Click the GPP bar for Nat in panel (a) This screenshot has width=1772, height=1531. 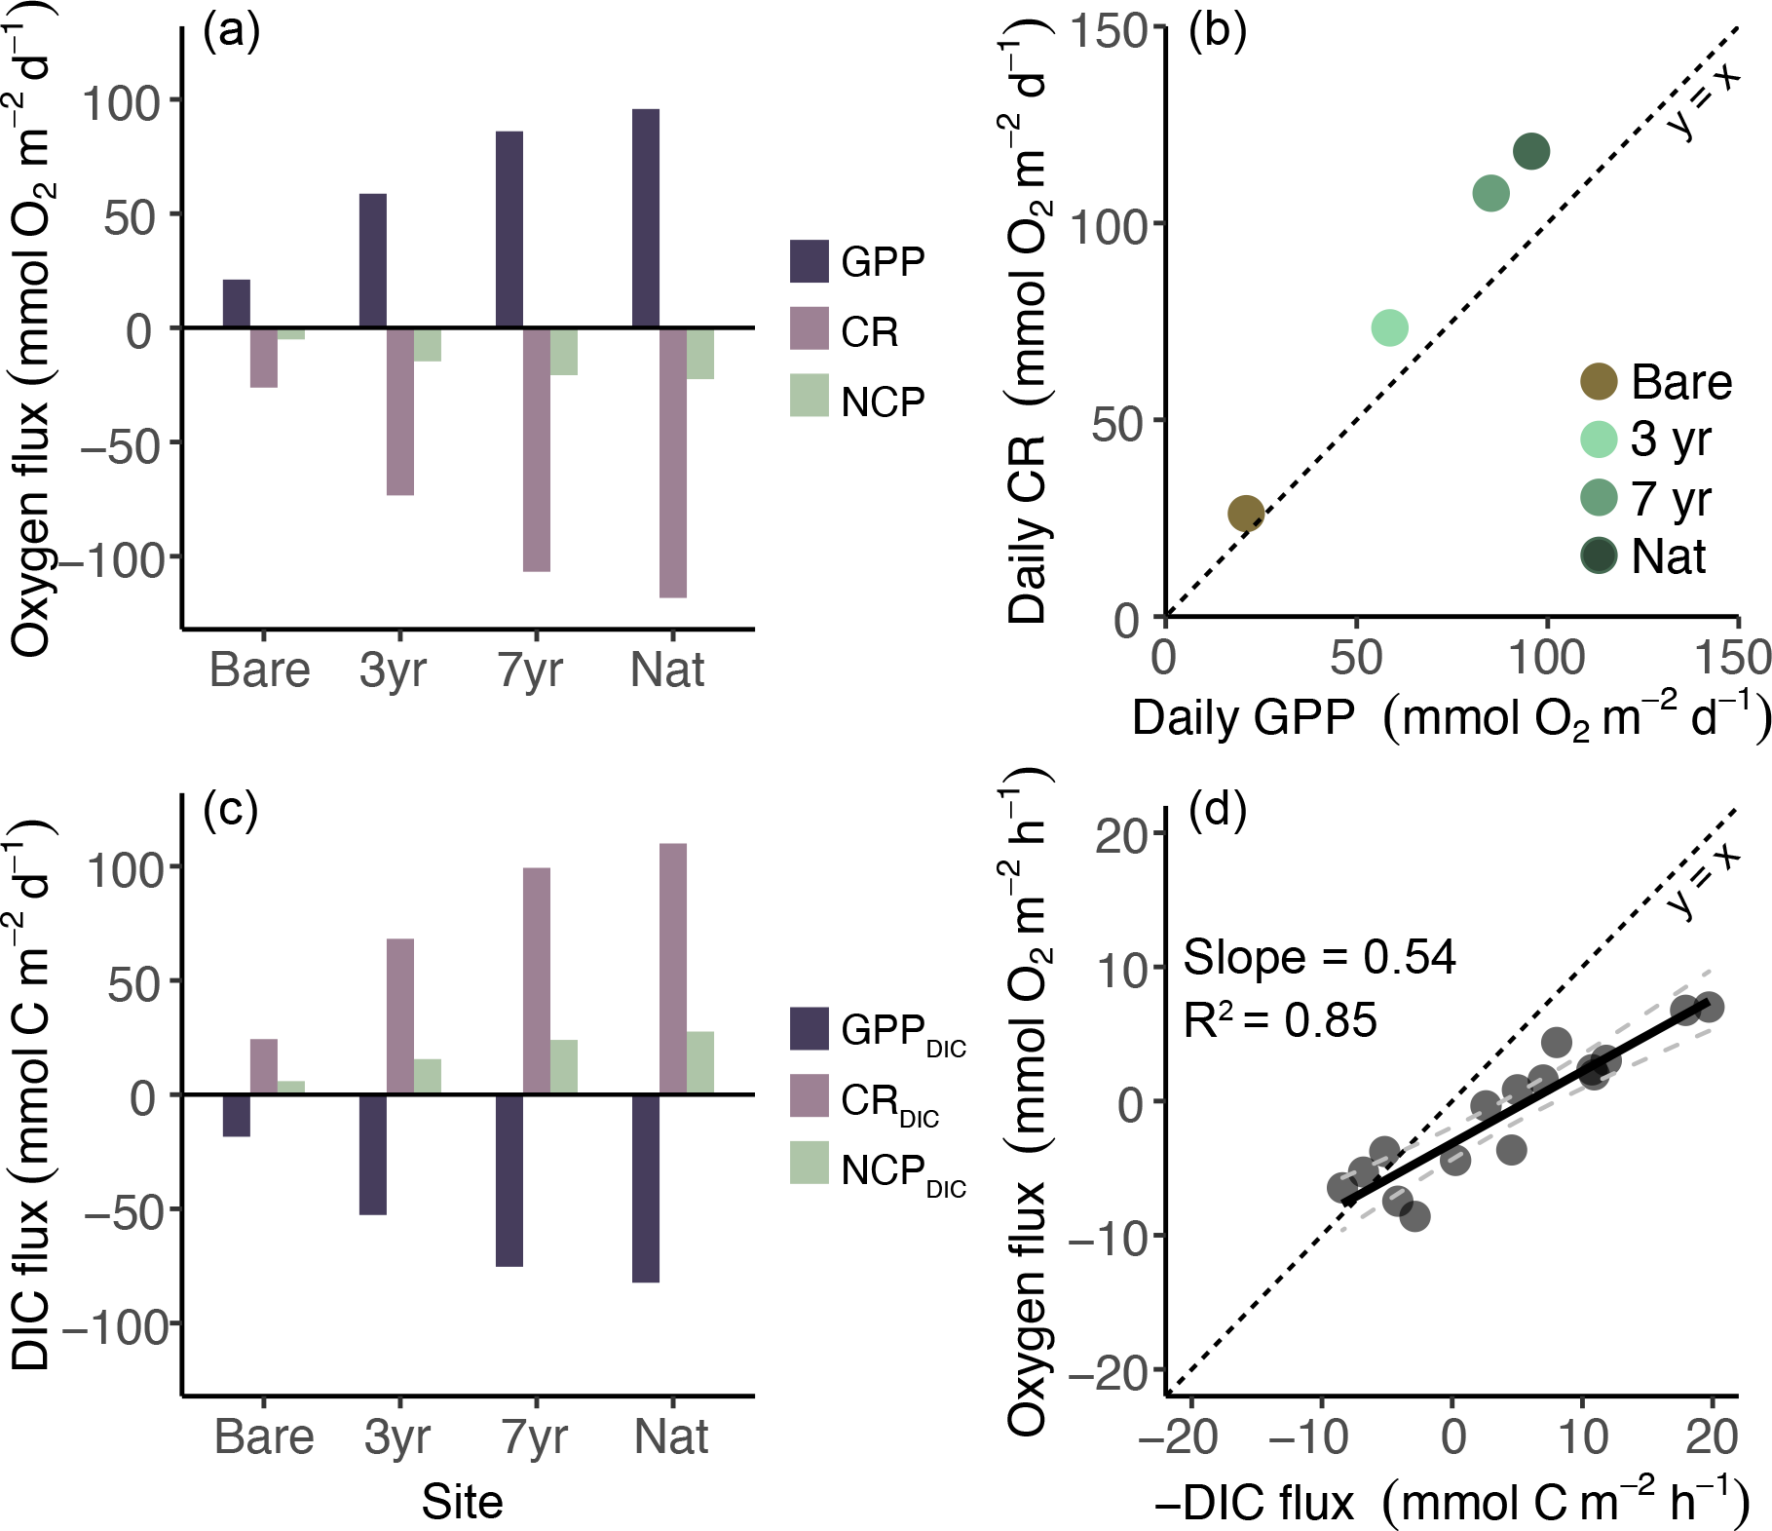[x=645, y=218]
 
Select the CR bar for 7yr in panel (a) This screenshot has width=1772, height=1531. [x=536, y=449]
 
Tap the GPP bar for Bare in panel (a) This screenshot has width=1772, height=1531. [x=236, y=303]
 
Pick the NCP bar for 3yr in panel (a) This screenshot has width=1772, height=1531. [x=427, y=345]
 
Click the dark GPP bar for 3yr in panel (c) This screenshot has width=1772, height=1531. [x=372, y=1154]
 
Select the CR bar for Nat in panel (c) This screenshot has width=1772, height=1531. [x=672, y=969]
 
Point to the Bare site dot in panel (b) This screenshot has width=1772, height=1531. [x=1246, y=513]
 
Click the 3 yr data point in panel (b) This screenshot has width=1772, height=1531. [x=1389, y=327]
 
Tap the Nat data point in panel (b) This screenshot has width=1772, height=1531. [x=1531, y=151]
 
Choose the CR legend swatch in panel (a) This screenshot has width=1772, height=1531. [x=809, y=328]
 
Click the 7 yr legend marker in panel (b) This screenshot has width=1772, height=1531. [x=1598, y=497]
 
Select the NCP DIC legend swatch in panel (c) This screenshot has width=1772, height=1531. [x=809, y=1163]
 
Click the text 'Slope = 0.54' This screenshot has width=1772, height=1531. [x=1319, y=957]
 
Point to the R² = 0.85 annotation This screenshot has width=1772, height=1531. [x=1280, y=1020]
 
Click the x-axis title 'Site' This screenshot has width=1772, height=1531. [x=462, y=1502]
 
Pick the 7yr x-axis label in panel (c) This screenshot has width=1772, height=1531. [x=534, y=1436]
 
